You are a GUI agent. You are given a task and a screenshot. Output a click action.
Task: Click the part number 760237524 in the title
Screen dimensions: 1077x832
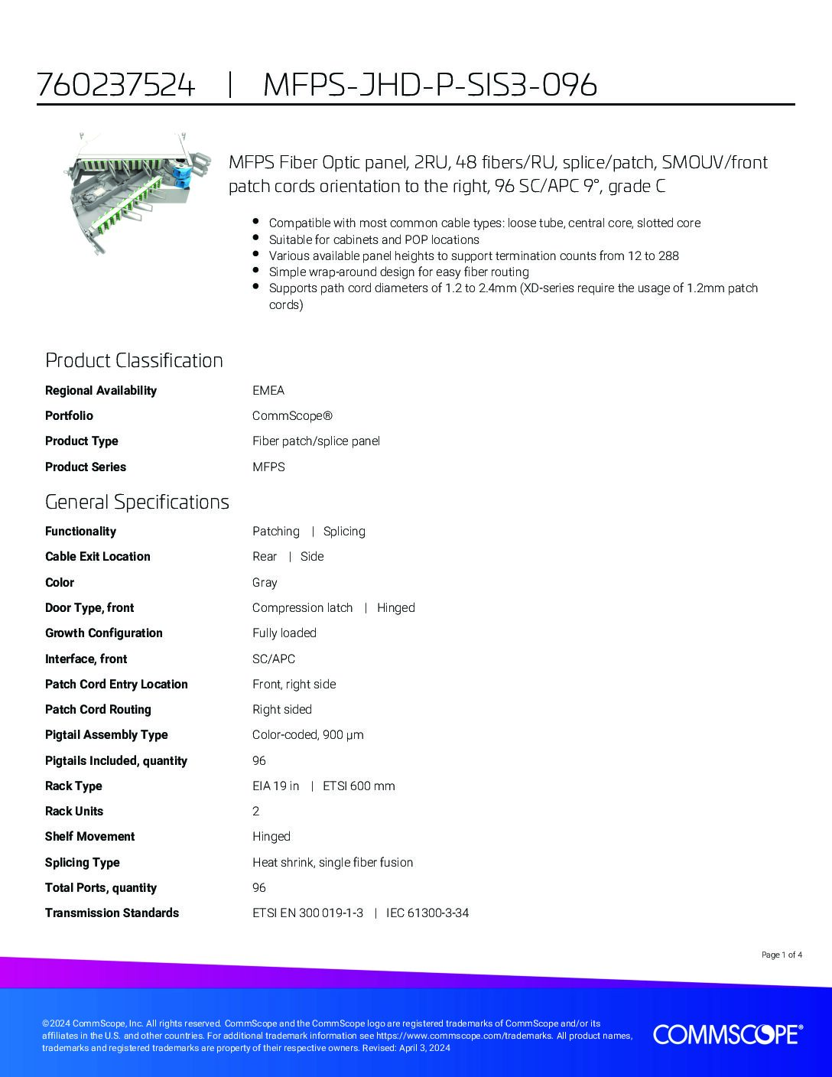pyautogui.click(x=116, y=85)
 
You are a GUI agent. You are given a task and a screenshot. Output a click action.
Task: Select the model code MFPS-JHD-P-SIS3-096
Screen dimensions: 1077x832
pyautogui.click(x=430, y=85)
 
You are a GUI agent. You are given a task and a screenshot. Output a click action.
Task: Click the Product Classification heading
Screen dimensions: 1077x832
pyautogui.click(x=134, y=360)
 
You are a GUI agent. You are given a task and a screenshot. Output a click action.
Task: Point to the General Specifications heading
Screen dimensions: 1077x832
pyautogui.click(x=137, y=502)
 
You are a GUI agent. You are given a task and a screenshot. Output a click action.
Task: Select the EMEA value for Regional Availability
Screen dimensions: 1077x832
pyautogui.click(x=268, y=390)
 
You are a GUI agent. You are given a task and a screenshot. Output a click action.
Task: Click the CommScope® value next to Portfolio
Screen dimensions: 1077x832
pyautogui.click(x=293, y=416)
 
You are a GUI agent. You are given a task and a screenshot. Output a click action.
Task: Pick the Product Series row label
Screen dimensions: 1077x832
pyautogui.click(x=86, y=467)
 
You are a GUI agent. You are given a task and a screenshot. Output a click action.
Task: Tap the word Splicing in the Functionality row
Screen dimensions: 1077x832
pyautogui.click(x=344, y=532)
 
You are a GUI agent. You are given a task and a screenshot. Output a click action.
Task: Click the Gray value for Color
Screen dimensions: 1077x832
pyautogui.click(x=265, y=583)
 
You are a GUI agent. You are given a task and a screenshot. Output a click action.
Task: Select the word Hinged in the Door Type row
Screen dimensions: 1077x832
pyautogui.click(x=396, y=608)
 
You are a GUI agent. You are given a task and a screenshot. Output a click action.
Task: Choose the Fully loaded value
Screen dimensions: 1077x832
pyautogui.click(x=284, y=633)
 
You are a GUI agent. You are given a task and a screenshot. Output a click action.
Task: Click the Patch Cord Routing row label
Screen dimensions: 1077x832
pyautogui.click(x=98, y=710)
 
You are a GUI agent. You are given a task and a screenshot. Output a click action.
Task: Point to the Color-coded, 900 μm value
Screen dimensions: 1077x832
pyautogui.click(x=308, y=735)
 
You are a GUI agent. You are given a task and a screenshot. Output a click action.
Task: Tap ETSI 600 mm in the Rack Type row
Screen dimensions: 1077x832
pyautogui.click(x=359, y=786)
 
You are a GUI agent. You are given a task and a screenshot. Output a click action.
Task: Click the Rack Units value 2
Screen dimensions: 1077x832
pyautogui.click(x=256, y=812)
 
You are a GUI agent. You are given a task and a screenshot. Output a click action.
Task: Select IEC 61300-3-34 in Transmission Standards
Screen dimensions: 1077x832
pyautogui.click(x=427, y=913)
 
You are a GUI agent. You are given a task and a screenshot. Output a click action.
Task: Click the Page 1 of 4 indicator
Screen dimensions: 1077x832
pyautogui.click(x=782, y=955)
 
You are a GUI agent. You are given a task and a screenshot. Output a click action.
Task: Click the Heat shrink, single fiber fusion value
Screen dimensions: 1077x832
pyautogui.click(x=333, y=863)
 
